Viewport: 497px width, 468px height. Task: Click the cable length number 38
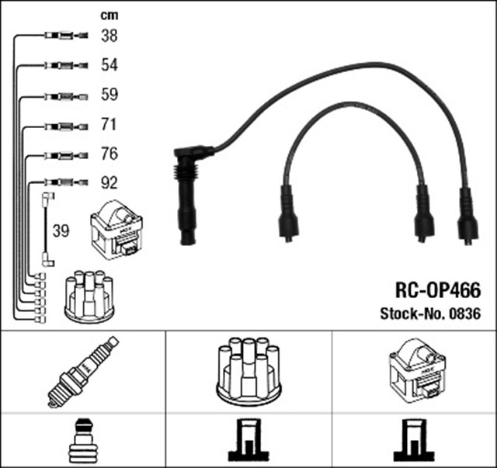(109, 36)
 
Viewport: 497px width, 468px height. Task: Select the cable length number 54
(109, 66)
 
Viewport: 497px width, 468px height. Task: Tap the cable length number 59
(109, 96)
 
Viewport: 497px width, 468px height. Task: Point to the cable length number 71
(109, 126)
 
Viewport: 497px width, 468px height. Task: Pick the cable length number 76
(109, 154)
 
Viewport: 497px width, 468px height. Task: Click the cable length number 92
(109, 184)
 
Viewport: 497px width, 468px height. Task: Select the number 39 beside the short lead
(61, 231)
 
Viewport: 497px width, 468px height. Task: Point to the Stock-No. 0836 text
(430, 314)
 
